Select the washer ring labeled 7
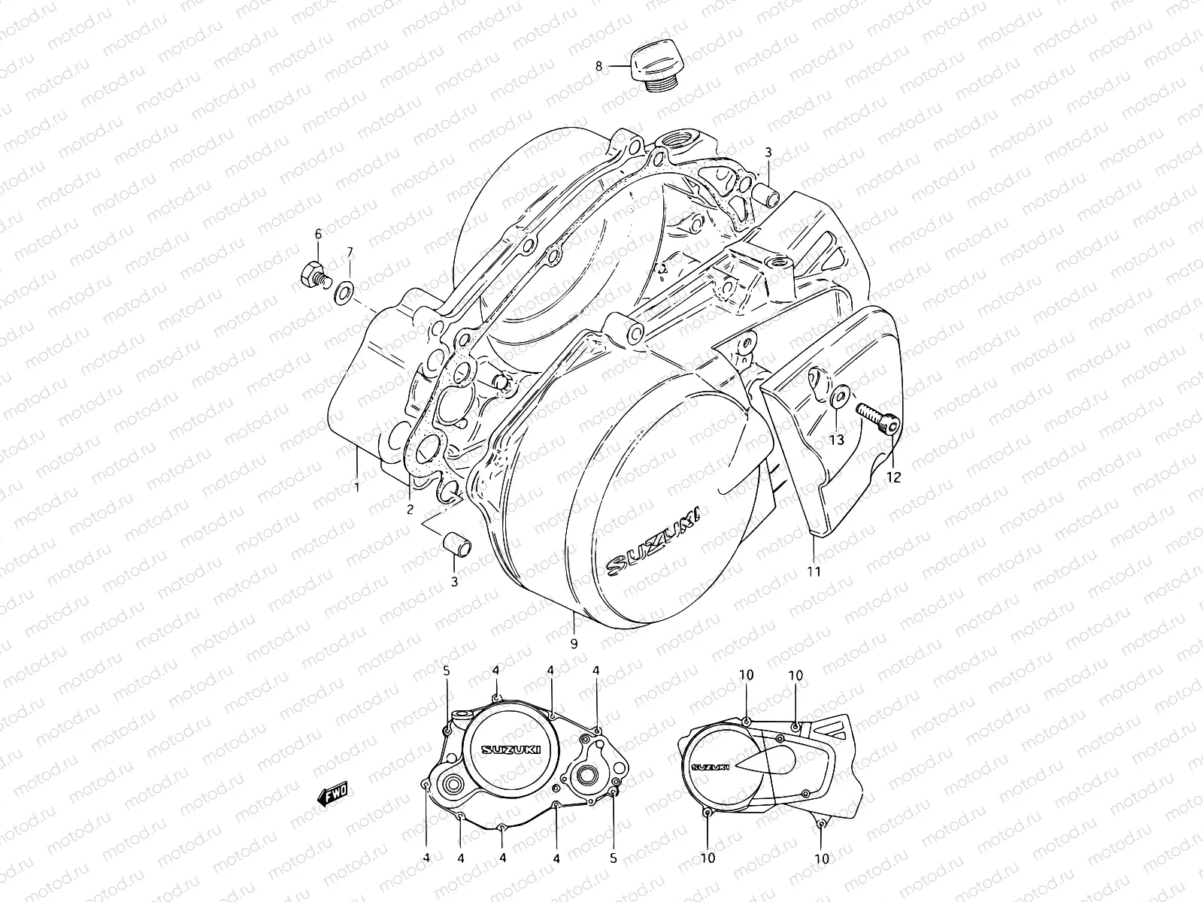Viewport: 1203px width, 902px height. (x=343, y=293)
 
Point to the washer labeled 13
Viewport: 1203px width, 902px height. (x=838, y=396)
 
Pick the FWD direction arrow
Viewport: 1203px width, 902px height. (x=332, y=793)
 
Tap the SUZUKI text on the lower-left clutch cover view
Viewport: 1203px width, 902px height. (x=511, y=749)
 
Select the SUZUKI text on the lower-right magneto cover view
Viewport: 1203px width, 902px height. (x=710, y=767)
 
